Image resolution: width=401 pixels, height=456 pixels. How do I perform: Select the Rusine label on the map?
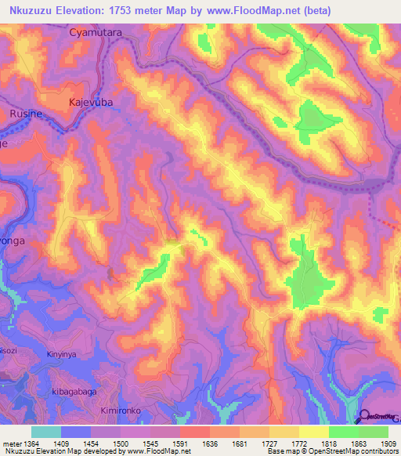coord(26,114)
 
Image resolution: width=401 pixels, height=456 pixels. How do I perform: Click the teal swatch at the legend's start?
coord(46,432)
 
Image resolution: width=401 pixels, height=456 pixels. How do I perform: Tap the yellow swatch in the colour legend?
coord(314,432)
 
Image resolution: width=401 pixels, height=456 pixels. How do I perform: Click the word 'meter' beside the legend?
coord(12,443)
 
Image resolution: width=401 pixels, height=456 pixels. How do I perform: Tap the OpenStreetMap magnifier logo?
coord(365,417)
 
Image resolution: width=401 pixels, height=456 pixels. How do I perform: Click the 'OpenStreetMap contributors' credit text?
coord(358,452)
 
